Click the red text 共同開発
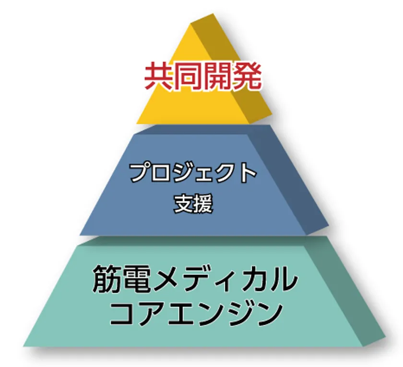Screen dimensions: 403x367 (203, 76)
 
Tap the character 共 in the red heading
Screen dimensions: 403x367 (159, 76)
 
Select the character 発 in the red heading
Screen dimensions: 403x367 (247, 76)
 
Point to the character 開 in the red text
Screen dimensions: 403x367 (217, 76)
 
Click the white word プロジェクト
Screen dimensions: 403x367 (193, 172)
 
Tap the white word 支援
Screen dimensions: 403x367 (193, 204)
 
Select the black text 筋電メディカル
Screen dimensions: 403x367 (195, 280)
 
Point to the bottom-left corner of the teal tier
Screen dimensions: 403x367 (23, 346)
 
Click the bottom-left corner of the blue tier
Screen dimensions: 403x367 (80, 235)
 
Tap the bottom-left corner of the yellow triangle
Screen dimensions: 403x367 (136, 124)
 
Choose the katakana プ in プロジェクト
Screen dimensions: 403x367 (140, 172)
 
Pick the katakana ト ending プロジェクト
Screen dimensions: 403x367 (247, 172)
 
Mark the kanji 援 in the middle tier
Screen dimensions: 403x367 (203, 204)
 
